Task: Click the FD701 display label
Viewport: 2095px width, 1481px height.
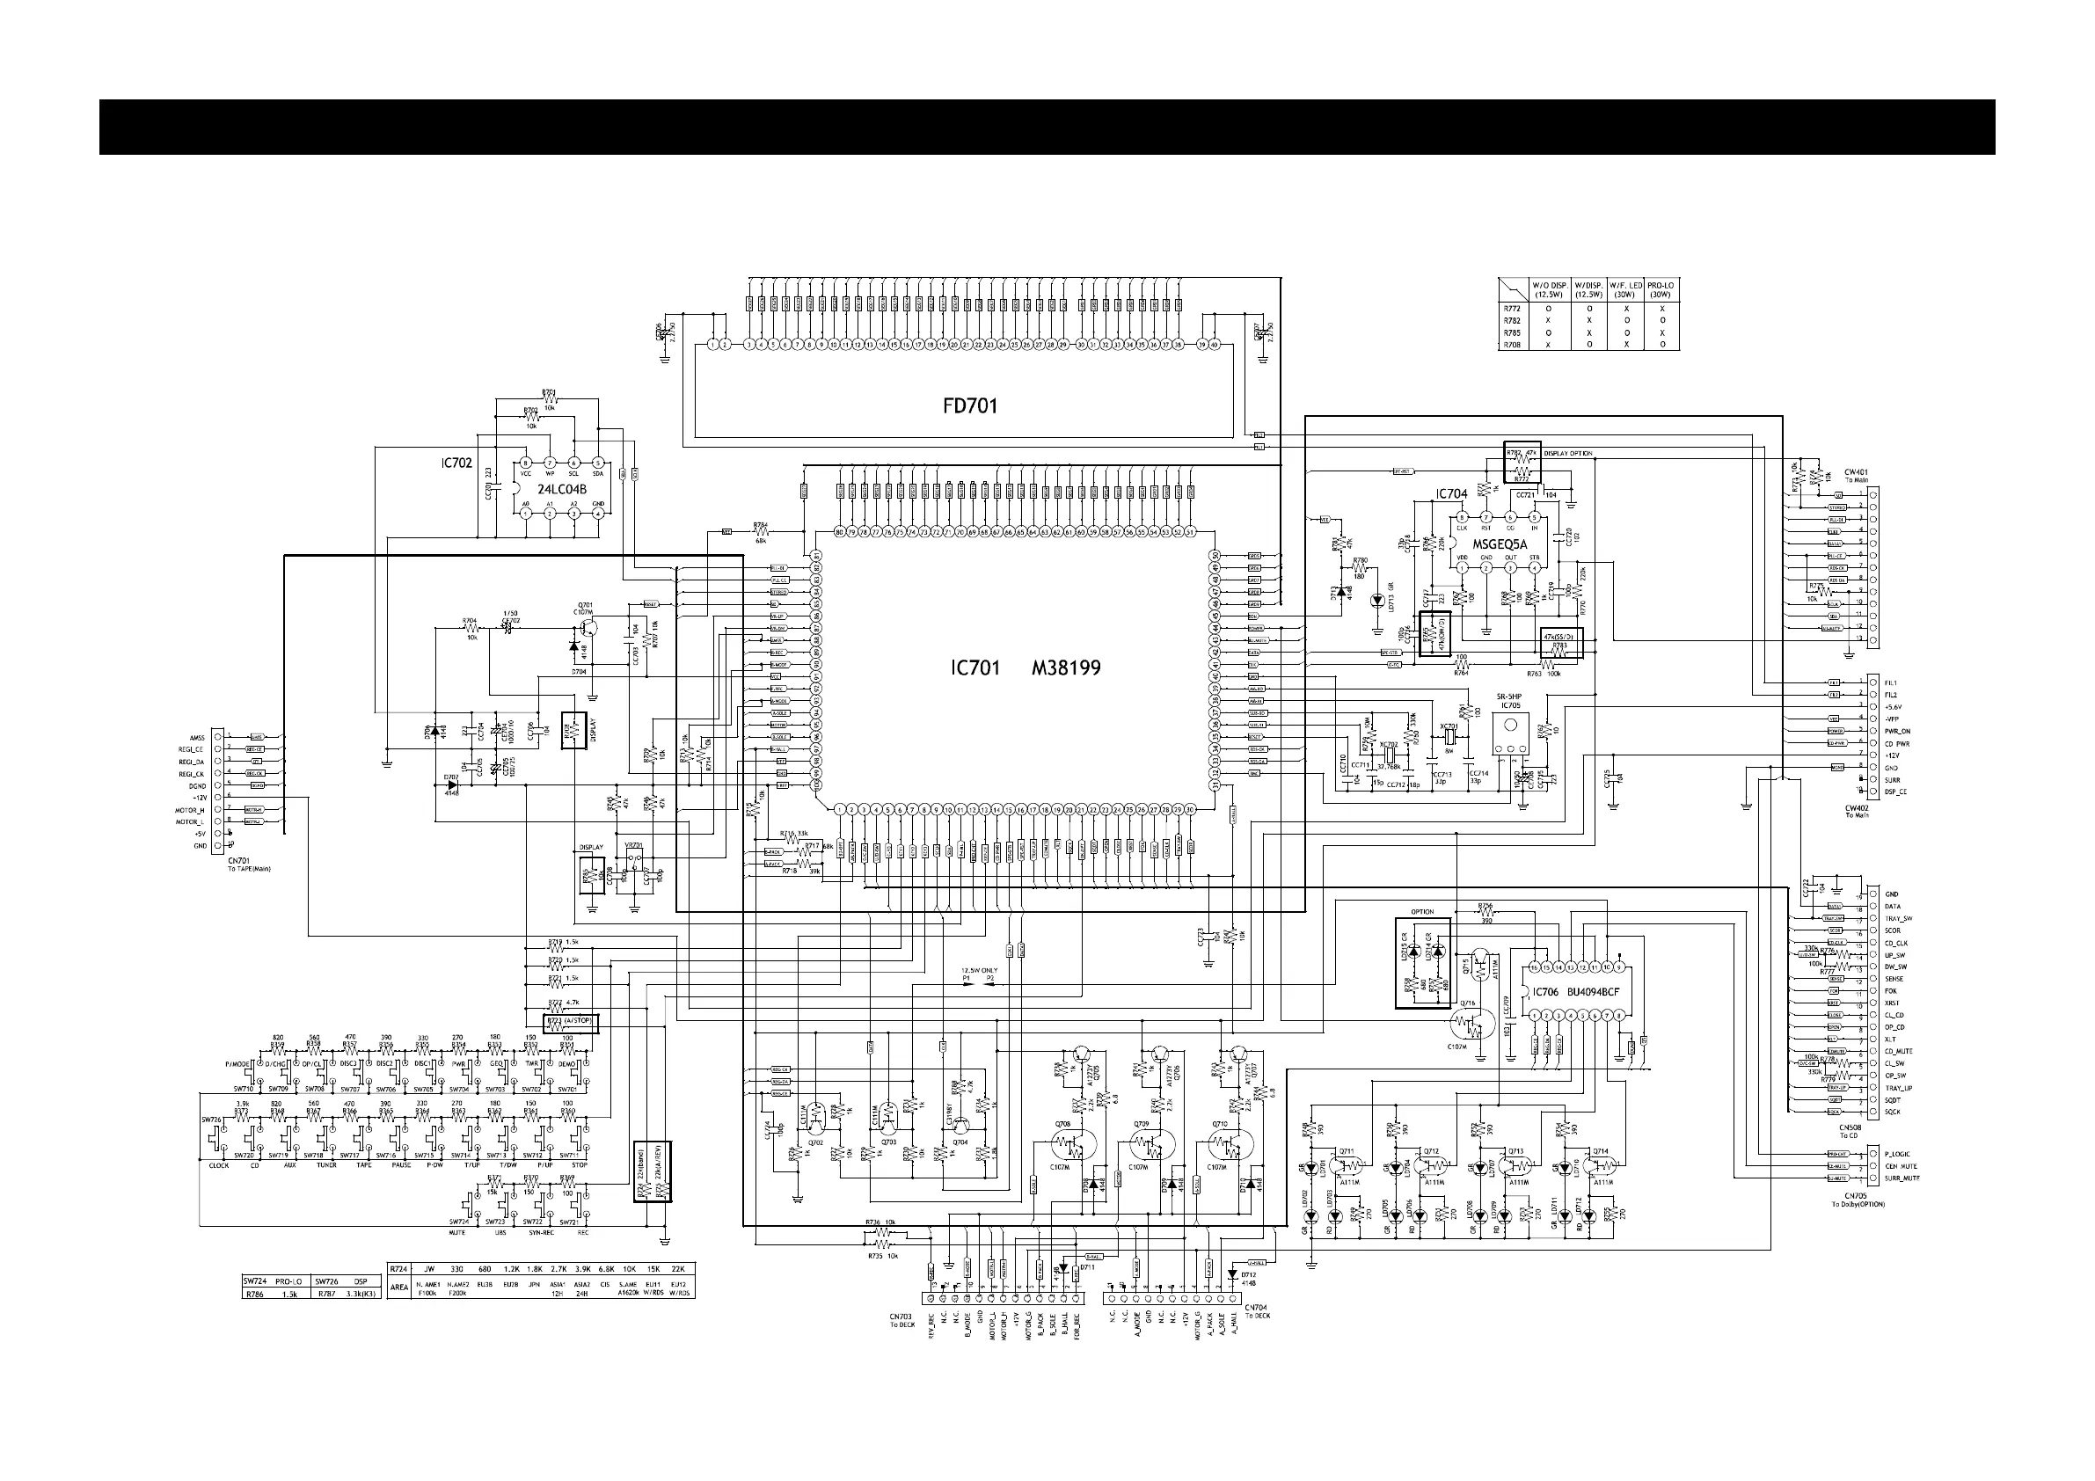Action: point(970,406)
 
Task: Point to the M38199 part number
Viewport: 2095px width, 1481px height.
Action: point(1066,669)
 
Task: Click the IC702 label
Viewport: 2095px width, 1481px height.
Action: point(456,463)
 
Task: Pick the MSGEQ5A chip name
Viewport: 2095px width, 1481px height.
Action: point(1500,544)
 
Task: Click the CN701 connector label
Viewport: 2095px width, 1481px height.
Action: point(239,860)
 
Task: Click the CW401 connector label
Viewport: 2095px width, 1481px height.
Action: point(1856,471)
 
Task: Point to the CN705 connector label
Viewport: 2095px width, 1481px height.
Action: point(1855,1195)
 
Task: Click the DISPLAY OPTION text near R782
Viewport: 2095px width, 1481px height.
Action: point(1567,454)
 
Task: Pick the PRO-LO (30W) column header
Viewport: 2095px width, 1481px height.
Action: point(1660,289)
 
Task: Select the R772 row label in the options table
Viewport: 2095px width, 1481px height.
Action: point(1512,309)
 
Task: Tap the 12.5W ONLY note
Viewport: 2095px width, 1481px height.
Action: point(979,970)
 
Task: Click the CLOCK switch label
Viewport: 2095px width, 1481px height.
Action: point(219,1165)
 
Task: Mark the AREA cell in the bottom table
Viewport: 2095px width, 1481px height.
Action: point(398,1288)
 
